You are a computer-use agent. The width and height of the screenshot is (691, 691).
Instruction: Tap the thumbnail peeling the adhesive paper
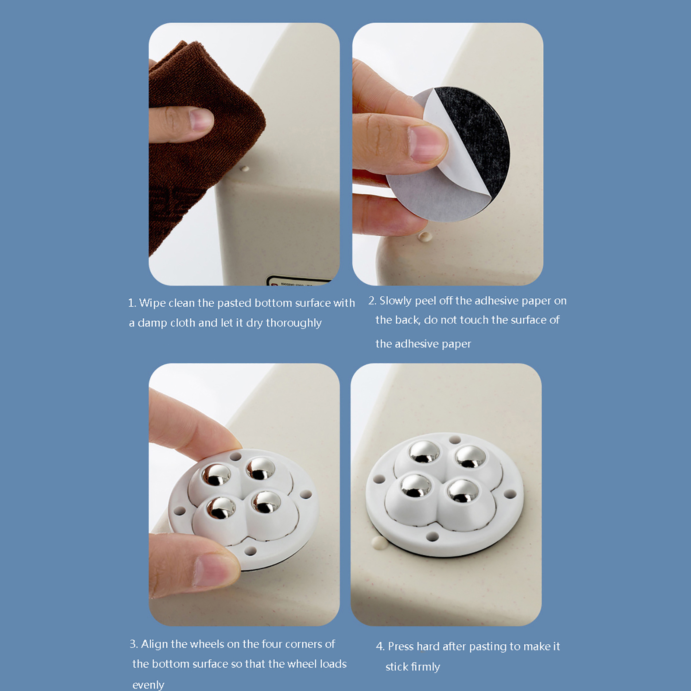(x=428, y=144)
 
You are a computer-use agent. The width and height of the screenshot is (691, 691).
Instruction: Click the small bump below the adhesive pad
(x=425, y=236)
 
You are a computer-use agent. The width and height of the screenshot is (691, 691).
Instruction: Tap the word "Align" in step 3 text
(x=155, y=644)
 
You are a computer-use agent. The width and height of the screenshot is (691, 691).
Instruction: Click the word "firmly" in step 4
(x=425, y=667)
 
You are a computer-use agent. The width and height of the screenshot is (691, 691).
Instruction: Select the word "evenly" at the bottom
(x=148, y=685)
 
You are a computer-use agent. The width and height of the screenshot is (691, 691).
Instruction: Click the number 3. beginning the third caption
(x=134, y=644)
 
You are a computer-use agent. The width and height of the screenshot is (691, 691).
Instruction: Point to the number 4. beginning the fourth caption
(x=380, y=647)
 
